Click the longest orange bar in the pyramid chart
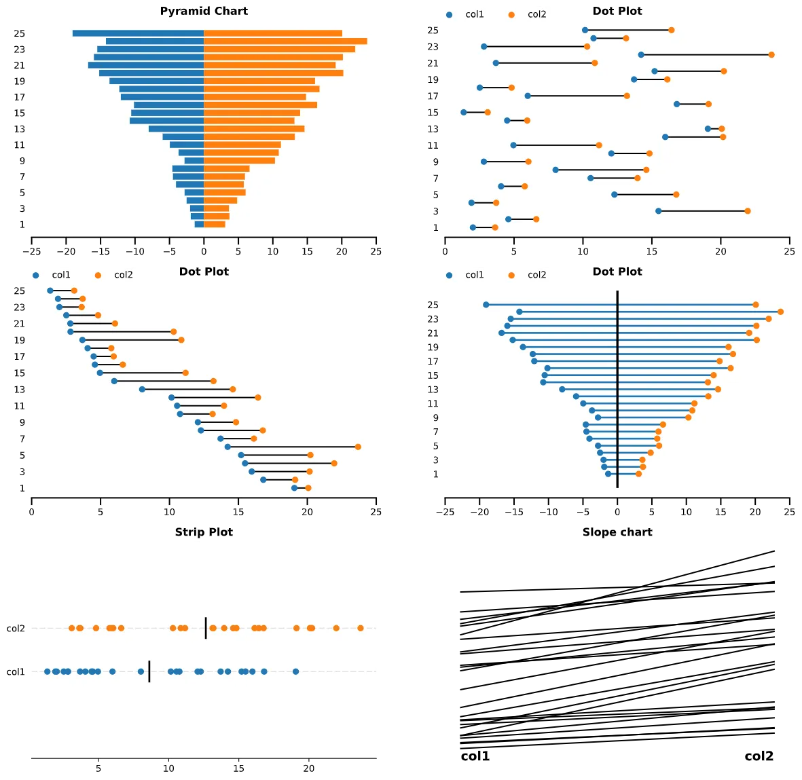coord(285,41)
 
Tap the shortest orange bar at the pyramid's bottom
coord(215,224)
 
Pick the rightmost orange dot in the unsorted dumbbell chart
coord(771,55)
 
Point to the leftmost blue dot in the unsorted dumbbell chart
coord(464,112)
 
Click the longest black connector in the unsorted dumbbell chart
coord(706,55)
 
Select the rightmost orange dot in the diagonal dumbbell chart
coord(358,447)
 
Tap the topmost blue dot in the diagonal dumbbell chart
coord(50,291)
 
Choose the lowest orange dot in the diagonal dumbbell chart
coord(308,488)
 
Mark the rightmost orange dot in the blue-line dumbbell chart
coord(780,312)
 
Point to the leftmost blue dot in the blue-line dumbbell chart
coord(486,305)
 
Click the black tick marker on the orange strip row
coord(206,628)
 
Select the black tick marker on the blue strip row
coord(149,671)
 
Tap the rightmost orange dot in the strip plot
coord(361,628)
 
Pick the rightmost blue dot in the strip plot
coord(295,671)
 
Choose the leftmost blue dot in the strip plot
coord(47,671)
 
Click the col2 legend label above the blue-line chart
coord(536,275)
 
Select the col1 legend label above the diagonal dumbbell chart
coord(61,275)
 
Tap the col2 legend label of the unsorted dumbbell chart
coord(536,14)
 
